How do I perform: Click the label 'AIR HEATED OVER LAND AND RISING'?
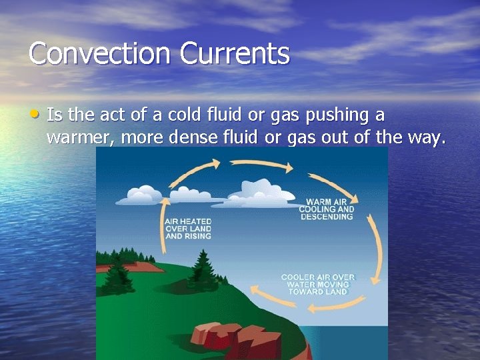click(x=188, y=229)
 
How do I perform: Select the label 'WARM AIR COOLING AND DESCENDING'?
click(x=327, y=209)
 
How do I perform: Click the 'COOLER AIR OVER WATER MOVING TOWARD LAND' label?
click(x=318, y=284)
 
